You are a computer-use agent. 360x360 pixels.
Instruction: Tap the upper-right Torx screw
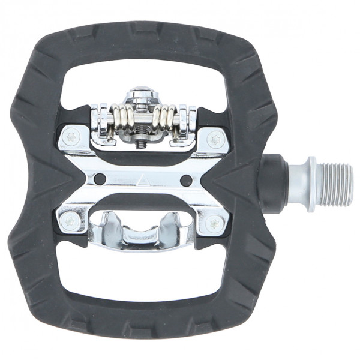pyautogui.click(x=215, y=139)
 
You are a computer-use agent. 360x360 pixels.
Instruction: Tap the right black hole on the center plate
pyautogui.click(x=186, y=181)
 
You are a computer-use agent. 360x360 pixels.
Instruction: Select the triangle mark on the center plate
pyautogui.click(x=145, y=178)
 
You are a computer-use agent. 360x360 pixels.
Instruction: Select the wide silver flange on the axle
pyautogui.click(x=311, y=184)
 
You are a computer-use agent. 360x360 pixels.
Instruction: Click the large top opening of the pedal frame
pyautogui.click(x=144, y=78)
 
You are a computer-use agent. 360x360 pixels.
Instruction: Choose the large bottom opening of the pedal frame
pyautogui.click(x=144, y=276)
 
